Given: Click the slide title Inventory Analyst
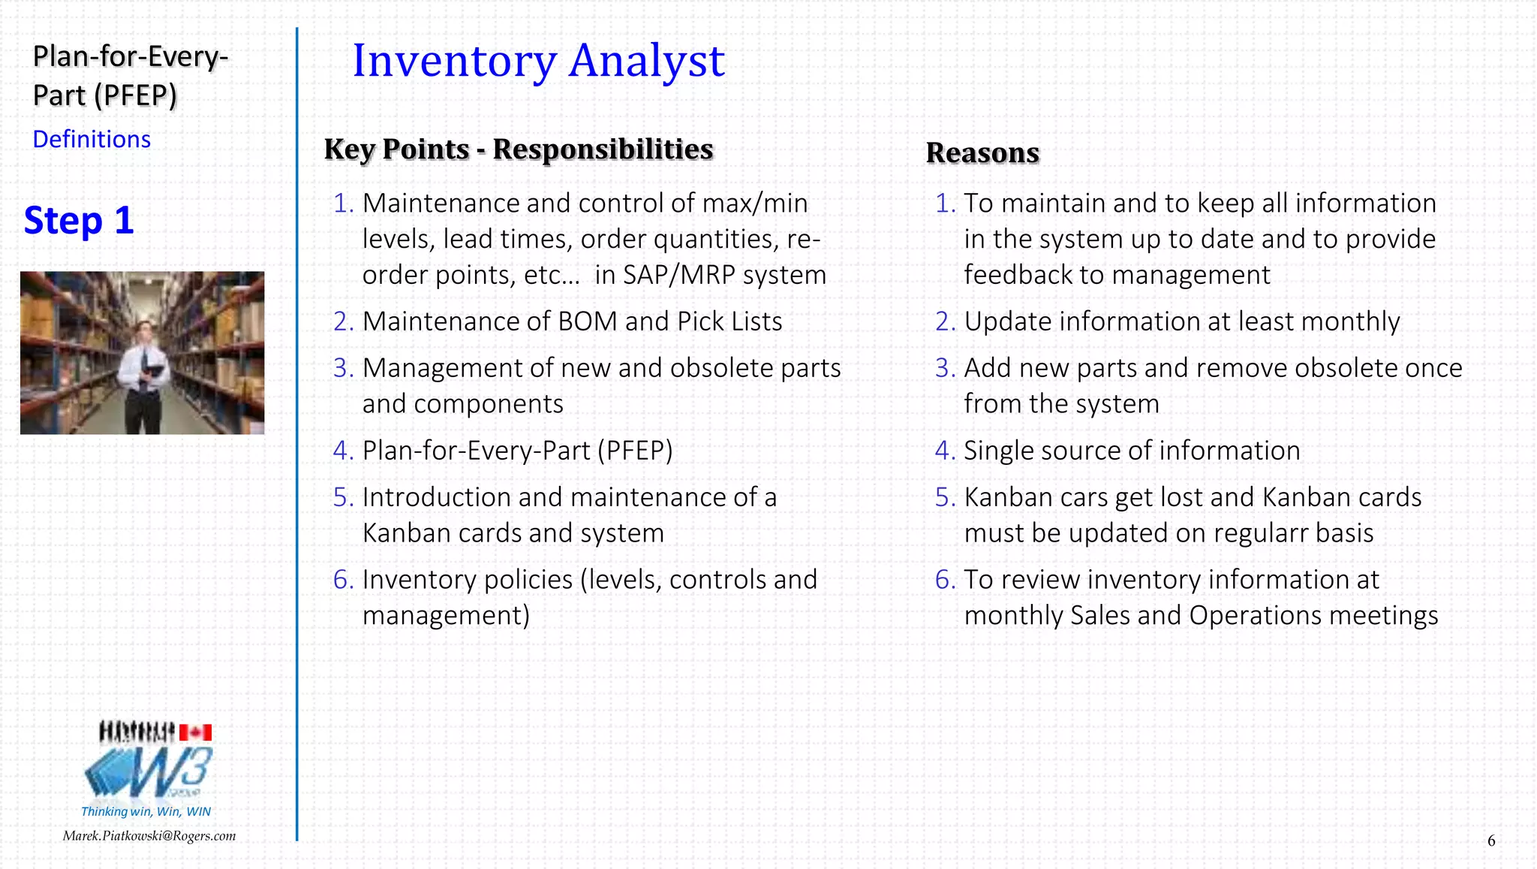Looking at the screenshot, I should tap(538, 61).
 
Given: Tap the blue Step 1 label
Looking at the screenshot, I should tap(79, 221).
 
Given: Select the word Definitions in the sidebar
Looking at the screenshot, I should tap(92, 140).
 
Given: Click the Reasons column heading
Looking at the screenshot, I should tap(982, 152).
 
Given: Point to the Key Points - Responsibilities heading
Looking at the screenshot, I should tap(519, 149).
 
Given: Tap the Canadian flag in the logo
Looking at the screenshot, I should tap(195, 732).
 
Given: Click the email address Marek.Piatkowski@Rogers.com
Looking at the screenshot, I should tap(149, 836).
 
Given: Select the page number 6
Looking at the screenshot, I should tap(1491, 840).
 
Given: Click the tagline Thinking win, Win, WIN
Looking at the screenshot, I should tap(146, 811).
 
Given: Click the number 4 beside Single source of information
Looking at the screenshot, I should tap(943, 451).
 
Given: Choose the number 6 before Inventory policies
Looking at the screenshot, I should tap(341, 580).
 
